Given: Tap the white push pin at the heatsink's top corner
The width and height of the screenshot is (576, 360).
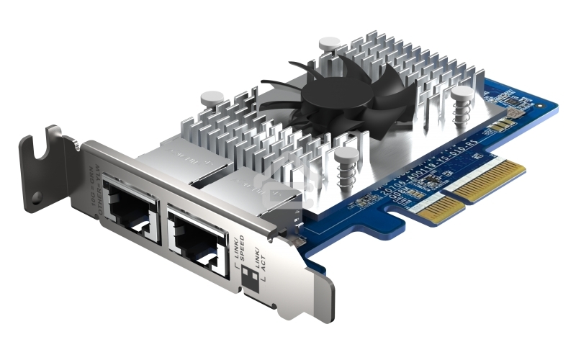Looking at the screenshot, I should pyautogui.click(x=330, y=45).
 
